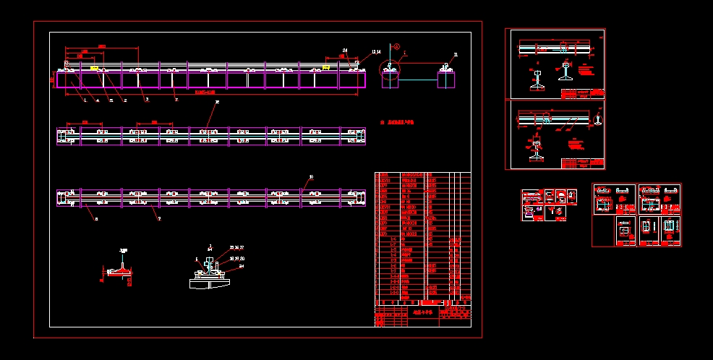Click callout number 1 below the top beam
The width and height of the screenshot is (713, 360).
pos(85,100)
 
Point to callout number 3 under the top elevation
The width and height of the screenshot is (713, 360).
pos(147,100)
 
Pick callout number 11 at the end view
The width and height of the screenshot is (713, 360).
pos(456,55)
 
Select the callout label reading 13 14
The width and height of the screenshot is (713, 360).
pos(375,51)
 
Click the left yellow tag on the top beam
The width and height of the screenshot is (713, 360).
pos(94,67)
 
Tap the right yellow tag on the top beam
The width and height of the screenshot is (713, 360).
pos(325,67)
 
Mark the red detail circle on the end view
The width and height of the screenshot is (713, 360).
pos(390,70)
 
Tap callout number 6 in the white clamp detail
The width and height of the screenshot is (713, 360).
pos(196,258)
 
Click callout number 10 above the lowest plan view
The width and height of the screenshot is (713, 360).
pos(311,176)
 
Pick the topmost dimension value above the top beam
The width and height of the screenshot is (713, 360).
pos(102,46)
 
